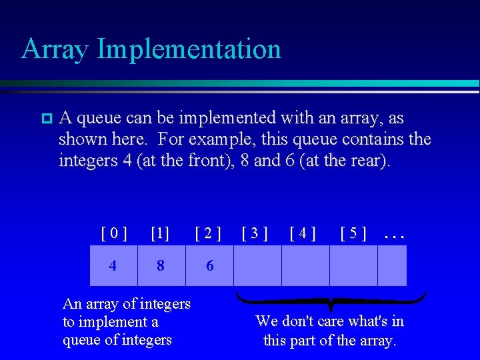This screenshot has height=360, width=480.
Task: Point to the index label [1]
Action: (160, 233)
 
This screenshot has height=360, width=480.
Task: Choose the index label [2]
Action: (208, 233)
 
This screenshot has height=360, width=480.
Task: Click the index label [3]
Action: (255, 233)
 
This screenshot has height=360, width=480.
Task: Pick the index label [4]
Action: (303, 233)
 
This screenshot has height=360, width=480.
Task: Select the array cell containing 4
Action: (113, 265)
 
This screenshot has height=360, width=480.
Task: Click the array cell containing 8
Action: (161, 265)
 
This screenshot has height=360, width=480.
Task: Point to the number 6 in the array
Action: (210, 265)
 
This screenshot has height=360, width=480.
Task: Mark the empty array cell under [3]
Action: (257, 265)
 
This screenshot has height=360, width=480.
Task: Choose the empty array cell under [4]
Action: (305, 265)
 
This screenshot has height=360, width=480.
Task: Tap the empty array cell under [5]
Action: (353, 265)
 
